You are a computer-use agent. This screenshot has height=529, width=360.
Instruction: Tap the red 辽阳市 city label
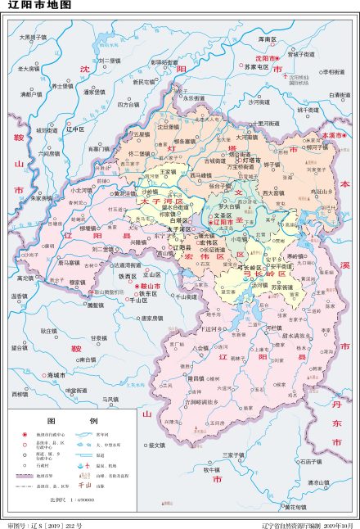click(x=224, y=222)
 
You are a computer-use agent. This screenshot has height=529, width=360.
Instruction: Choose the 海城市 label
click(x=56, y=374)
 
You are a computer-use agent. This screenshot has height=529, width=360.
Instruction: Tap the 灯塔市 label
click(x=250, y=160)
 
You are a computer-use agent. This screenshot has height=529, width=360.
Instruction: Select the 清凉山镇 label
click(x=318, y=483)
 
